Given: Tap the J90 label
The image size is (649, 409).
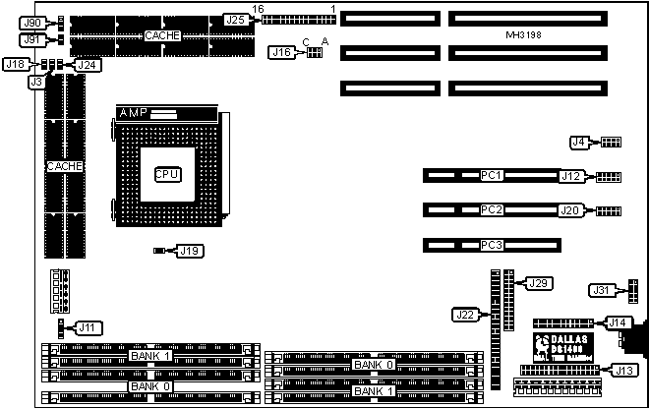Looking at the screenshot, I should [x=33, y=22].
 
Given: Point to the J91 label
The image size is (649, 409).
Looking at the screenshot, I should [x=33, y=39].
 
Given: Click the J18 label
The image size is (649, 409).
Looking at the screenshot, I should [x=16, y=63].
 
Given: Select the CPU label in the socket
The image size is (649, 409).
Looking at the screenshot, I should [x=166, y=174].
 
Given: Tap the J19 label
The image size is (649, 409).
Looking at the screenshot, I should [x=189, y=251].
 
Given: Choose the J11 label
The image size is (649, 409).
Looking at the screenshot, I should [x=88, y=326].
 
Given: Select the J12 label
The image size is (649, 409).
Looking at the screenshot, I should [x=570, y=177].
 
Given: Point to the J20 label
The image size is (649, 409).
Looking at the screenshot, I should [x=570, y=209].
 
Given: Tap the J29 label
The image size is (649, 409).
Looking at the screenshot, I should [x=538, y=283].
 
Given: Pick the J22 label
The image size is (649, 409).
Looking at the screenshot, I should [x=465, y=315].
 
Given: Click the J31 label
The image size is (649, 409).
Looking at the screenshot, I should [x=601, y=289].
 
